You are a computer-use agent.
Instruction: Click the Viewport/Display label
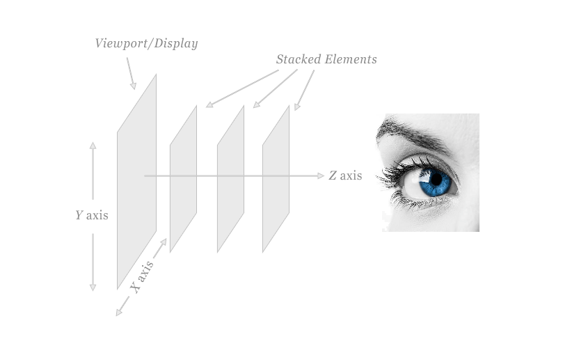147,43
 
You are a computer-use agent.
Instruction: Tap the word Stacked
298,59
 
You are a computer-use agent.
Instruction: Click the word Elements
351,59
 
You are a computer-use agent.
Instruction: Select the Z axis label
345,175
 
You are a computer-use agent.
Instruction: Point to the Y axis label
92,215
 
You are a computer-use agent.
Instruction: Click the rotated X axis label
142,277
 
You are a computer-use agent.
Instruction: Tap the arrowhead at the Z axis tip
321,175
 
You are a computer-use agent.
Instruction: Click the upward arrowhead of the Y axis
93,146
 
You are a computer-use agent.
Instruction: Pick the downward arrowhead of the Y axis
93,288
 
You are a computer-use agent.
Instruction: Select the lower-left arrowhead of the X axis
119,313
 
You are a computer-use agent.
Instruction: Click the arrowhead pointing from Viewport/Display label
133,86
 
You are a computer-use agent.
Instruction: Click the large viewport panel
137,182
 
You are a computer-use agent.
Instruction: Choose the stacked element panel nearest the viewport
184,179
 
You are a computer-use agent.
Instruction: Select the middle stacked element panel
230,179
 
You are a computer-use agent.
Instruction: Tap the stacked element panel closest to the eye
276,179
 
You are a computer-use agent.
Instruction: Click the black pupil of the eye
436,179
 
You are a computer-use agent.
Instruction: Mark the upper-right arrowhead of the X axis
164,242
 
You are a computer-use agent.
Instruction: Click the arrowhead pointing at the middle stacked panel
256,104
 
